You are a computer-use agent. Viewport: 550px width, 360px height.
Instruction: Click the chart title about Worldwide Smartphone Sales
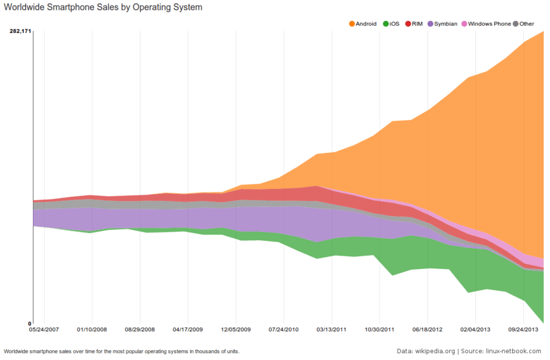tap(103, 8)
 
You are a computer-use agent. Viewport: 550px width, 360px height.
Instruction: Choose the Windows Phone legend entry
tap(490, 24)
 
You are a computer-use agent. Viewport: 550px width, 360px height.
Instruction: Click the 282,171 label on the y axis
tap(20, 31)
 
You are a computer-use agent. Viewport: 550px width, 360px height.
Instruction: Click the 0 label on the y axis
tap(29, 323)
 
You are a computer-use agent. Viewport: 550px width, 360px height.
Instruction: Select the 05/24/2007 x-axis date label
tap(44, 329)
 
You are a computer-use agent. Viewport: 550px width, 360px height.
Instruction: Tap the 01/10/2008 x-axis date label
tap(92, 329)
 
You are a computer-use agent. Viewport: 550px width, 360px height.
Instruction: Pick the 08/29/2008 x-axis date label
tap(140, 329)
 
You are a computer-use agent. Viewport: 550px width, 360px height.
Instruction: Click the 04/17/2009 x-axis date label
tap(188, 329)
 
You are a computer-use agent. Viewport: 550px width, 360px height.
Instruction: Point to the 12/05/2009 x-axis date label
tap(236, 329)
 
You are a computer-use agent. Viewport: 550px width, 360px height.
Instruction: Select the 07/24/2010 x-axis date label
tap(284, 329)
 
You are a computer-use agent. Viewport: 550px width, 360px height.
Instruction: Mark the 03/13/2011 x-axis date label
tap(332, 329)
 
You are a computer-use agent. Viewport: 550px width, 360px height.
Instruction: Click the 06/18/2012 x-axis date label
tap(428, 329)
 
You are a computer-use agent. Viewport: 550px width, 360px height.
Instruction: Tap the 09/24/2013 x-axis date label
tap(523, 329)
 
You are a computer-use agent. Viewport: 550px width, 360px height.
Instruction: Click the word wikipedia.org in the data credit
tap(435, 351)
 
